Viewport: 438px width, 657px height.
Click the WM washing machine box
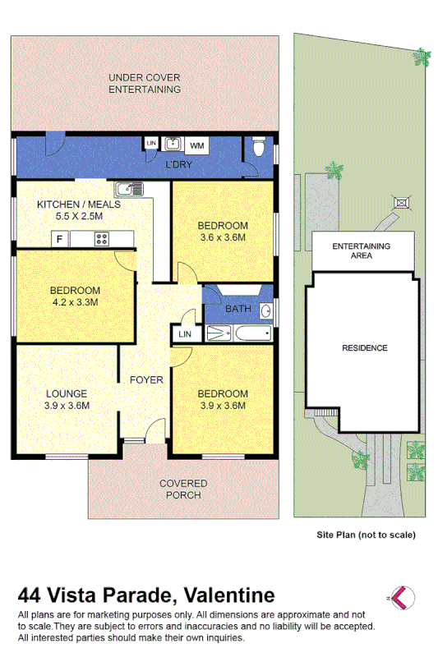click(197, 145)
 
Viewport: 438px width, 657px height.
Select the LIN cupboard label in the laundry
click(150, 144)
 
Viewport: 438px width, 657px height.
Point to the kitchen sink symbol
click(129, 189)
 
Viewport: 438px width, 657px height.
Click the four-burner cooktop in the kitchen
click(103, 239)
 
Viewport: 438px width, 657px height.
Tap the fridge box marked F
click(58, 239)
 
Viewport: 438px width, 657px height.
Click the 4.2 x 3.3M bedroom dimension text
click(75, 302)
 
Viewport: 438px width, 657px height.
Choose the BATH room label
click(238, 309)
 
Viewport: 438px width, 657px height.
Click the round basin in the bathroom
click(266, 310)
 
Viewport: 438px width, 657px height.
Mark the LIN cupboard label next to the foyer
click(184, 333)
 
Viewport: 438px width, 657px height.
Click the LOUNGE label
click(66, 393)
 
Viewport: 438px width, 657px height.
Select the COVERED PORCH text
click(183, 489)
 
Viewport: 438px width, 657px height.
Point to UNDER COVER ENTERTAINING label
click(145, 83)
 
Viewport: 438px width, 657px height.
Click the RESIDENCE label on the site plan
click(364, 347)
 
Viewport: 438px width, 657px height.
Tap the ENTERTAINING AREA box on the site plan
click(361, 250)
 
